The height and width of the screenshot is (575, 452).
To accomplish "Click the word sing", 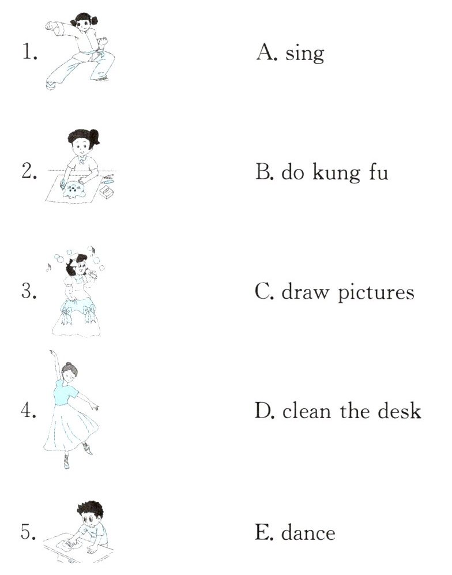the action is (x=304, y=55).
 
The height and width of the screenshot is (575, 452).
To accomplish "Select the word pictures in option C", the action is (x=376, y=293).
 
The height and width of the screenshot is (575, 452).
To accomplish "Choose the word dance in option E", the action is (x=308, y=532).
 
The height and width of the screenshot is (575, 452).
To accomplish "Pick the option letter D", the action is (x=264, y=410).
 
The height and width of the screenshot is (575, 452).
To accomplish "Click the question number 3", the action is (x=29, y=292).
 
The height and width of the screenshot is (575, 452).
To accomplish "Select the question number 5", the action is (x=28, y=532).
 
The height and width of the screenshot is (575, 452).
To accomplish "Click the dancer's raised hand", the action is (x=52, y=353).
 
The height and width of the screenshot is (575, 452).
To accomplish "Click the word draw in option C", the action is (x=306, y=292).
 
